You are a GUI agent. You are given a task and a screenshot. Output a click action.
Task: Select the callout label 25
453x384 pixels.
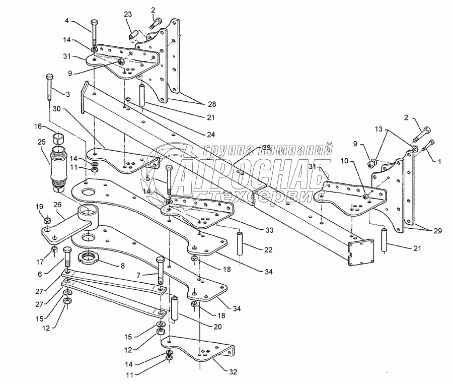coord(41,143)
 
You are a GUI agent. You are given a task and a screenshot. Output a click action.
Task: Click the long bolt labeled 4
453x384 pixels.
coord(95,32)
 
